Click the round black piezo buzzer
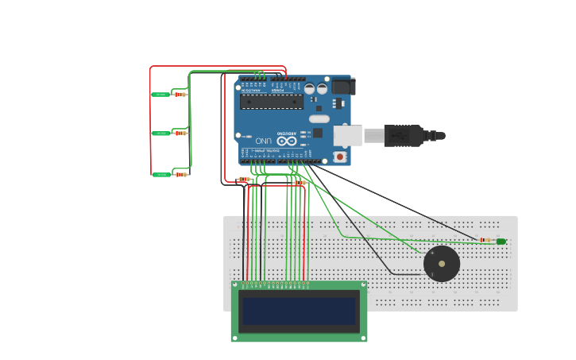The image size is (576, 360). [x=442, y=264]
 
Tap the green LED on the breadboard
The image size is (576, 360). [x=501, y=241]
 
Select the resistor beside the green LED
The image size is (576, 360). [x=485, y=240]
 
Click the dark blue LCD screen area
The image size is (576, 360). [x=300, y=311]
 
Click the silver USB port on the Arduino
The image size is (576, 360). [x=347, y=136]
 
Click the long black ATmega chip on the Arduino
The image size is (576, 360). [x=272, y=102]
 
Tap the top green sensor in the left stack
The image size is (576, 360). [x=160, y=95]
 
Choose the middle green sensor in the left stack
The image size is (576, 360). [x=160, y=134]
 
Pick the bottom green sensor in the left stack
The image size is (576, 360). [x=161, y=174]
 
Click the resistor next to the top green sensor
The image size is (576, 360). [x=180, y=95]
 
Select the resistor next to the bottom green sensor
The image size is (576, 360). [x=181, y=174]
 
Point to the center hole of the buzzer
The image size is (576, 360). [x=442, y=264]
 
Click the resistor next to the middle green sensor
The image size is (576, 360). [x=181, y=134]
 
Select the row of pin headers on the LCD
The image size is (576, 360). [x=274, y=284]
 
